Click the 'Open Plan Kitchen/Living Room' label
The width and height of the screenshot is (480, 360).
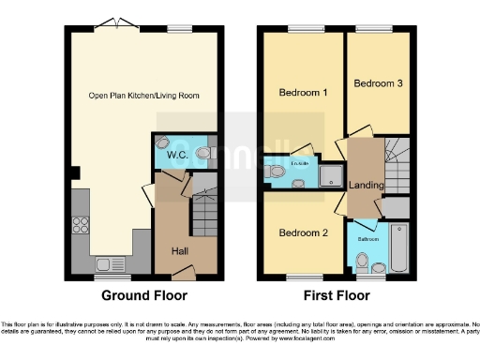click(x=143, y=96)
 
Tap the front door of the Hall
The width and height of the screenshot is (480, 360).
click(x=185, y=273)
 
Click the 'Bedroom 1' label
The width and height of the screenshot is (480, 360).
click(x=303, y=93)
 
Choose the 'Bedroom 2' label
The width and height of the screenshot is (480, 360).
click(x=303, y=232)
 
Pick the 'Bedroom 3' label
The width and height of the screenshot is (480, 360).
click(x=378, y=83)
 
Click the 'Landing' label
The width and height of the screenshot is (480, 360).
click(x=366, y=185)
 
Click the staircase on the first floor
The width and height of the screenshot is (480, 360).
click(x=397, y=159)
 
